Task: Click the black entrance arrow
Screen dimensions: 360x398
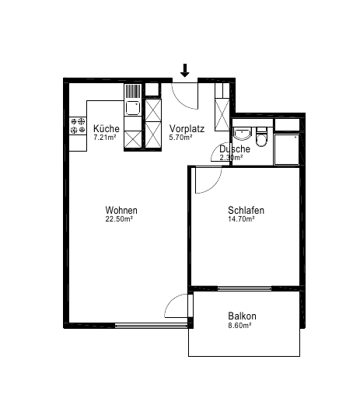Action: (184, 71)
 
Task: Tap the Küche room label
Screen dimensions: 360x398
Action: (107, 128)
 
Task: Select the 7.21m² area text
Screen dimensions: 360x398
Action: (105, 138)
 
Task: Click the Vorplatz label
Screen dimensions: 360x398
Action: (187, 128)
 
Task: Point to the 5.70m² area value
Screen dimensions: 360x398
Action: (180, 138)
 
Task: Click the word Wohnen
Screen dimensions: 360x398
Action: (121, 210)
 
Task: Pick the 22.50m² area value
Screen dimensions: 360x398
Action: (119, 219)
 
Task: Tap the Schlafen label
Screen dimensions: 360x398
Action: (246, 210)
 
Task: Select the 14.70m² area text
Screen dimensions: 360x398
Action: (241, 219)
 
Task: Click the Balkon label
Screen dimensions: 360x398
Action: (242, 316)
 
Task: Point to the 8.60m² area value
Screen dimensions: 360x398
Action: (239, 325)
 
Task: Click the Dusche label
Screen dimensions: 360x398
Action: (235, 149)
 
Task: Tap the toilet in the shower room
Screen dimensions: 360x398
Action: (261, 137)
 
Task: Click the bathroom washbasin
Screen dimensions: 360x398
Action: (243, 134)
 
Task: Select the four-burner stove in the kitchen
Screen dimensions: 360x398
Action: (78, 126)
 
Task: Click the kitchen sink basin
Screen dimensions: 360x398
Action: (133, 108)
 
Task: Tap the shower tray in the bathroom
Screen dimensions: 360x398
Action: (286, 149)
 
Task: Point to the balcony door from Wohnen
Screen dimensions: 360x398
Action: (177, 305)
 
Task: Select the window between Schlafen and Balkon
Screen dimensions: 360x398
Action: (244, 288)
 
